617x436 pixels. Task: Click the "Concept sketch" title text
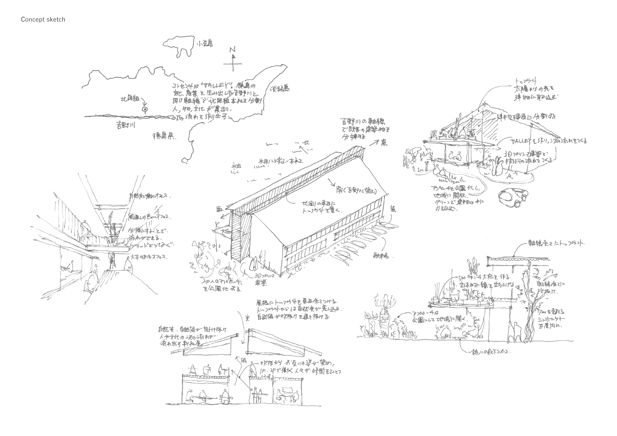point(43,19)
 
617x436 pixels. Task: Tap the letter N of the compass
point(232,50)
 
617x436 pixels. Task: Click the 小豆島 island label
point(204,44)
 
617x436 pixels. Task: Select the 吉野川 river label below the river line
point(125,125)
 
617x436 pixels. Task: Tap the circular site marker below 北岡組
point(145,110)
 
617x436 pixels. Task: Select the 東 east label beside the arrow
point(384,143)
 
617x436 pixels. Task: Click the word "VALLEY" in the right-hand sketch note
point(520,141)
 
